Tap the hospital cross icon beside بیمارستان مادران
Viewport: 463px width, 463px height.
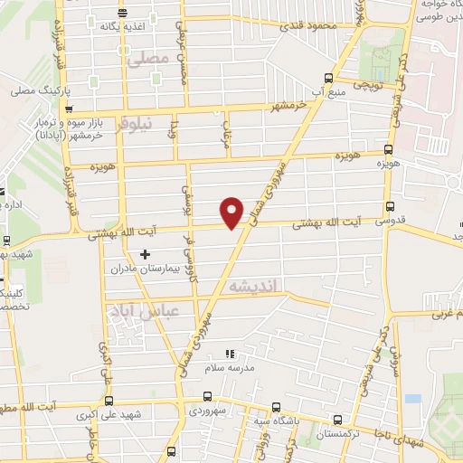click(x=145, y=254)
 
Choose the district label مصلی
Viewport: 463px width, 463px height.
click(x=149, y=59)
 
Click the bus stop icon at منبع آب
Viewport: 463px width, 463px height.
click(x=329, y=78)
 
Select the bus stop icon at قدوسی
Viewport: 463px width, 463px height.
click(x=389, y=206)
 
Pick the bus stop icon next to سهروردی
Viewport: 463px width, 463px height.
click(x=209, y=396)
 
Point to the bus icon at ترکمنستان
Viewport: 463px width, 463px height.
click(x=338, y=420)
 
